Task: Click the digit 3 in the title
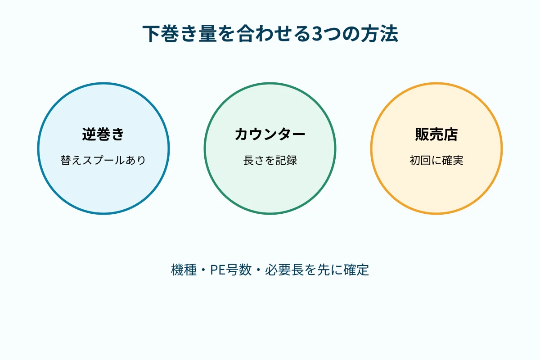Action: (x=318, y=34)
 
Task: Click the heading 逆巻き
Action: (x=103, y=134)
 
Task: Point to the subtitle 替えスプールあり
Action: (x=103, y=160)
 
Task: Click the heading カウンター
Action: (x=270, y=134)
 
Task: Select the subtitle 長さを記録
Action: (x=270, y=160)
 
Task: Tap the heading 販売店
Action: (x=436, y=134)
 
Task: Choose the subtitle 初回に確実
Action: (x=436, y=160)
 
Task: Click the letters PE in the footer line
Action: (x=218, y=270)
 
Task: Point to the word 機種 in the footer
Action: (x=184, y=270)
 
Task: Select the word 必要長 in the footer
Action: (x=284, y=270)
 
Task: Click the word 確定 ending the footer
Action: (x=356, y=270)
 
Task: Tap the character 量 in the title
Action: (x=208, y=34)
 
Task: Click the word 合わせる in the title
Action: (x=274, y=34)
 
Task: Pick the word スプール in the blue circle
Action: (x=103, y=160)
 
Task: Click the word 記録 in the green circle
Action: (x=286, y=160)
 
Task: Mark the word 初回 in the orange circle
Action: (x=420, y=160)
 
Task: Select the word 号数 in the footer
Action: (x=238, y=270)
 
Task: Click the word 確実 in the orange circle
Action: (x=453, y=160)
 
